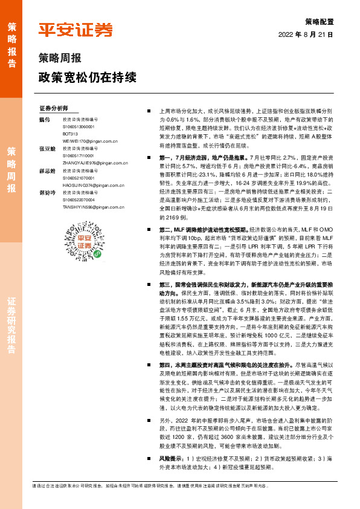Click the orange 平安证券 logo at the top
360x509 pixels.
click(x=76, y=30)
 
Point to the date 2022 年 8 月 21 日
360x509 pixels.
click(x=306, y=35)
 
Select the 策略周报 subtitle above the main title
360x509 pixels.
click(x=59, y=59)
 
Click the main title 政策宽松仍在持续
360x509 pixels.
click(x=87, y=77)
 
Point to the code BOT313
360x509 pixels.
click(x=70, y=134)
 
